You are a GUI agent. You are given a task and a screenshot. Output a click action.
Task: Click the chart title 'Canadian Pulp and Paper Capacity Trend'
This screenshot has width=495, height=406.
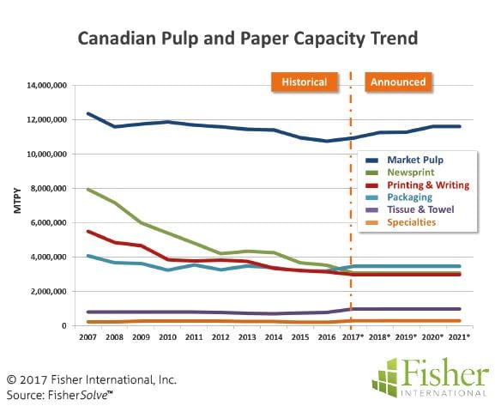[x=248, y=39]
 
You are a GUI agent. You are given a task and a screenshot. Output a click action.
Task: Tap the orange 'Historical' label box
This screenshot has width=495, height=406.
[x=305, y=82]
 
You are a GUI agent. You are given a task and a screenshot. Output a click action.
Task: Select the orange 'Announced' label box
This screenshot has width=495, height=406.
[x=398, y=82]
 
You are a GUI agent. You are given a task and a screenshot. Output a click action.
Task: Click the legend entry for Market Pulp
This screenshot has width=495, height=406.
[x=404, y=160]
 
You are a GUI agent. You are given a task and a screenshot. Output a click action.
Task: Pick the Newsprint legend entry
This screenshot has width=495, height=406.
[x=400, y=173]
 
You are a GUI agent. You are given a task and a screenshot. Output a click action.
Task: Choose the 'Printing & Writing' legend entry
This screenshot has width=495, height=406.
[x=417, y=185]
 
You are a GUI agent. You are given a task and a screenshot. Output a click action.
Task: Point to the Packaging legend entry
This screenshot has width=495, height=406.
[x=398, y=197]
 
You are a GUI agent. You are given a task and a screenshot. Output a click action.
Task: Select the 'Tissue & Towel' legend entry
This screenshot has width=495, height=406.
[x=409, y=209]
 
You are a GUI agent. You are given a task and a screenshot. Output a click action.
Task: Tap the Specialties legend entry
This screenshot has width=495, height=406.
[x=401, y=222]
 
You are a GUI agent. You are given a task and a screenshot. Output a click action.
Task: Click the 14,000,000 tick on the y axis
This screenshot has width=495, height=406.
[x=46, y=85]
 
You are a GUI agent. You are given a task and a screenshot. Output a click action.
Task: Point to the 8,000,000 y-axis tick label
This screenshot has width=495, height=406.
[x=49, y=188]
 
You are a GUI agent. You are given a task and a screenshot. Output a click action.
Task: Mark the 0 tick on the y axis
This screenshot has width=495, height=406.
[x=64, y=326]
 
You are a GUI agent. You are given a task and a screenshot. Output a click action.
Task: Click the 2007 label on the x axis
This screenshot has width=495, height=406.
[x=88, y=337]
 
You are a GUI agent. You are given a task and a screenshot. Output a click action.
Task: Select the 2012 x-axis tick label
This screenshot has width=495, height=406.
[x=220, y=337]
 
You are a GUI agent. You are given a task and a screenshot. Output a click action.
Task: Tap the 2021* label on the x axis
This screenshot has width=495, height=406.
[x=459, y=337]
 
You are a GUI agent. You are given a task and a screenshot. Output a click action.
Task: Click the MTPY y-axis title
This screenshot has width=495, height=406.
[x=18, y=201]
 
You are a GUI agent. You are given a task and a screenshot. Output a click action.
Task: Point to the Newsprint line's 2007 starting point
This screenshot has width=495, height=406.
[x=88, y=189]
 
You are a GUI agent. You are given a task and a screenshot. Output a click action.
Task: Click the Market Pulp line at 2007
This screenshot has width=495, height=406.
[x=88, y=113]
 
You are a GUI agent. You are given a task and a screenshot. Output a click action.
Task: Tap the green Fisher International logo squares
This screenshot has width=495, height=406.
[x=384, y=378]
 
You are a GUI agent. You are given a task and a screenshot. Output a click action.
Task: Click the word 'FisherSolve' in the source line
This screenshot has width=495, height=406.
[x=80, y=395]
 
